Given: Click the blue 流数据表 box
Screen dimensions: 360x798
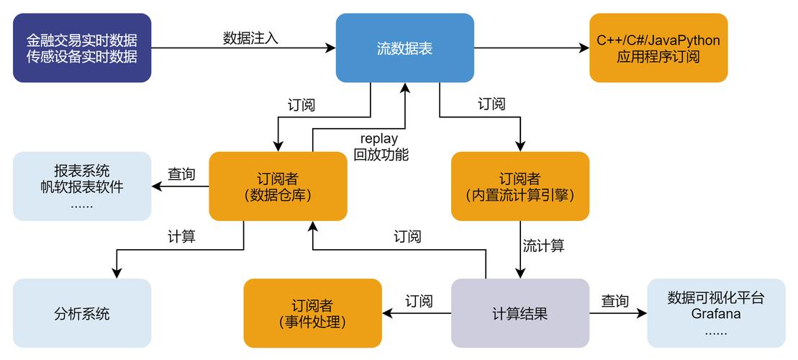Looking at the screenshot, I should pyautogui.click(x=405, y=48).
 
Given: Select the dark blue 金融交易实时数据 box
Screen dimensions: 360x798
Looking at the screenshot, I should pyautogui.click(x=82, y=48).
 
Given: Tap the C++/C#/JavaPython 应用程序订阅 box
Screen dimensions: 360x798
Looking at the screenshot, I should pyautogui.click(x=658, y=48).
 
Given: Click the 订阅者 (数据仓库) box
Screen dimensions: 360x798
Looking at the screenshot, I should pyautogui.click(x=278, y=186).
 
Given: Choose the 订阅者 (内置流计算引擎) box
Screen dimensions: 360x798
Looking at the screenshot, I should pyautogui.click(x=520, y=186).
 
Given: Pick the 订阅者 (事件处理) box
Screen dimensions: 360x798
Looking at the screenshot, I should pyautogui.click(x=312, y=314).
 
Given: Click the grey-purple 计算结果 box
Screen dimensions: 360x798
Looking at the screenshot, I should pyautogui.click(x=520, y=314).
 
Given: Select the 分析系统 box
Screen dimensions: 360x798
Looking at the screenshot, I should pyautogui.click(x=82, y=314).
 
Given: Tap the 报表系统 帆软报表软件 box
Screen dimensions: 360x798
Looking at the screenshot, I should pyautogui.click(x=82, y=186).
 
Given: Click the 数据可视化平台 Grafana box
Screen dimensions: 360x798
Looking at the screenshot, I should pyautogui.click(x=716, y=314).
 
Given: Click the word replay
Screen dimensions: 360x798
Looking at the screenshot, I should pyautogui.click(x=379, y=138).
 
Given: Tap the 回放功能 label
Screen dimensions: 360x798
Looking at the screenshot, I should pyautogui.click(x=381, y=154).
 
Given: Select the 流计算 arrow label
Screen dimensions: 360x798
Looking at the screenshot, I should pyautogui.click(x=543, y=246).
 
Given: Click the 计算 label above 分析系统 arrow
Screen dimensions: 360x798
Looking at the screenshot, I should pyautogui.click(x=181, y=236).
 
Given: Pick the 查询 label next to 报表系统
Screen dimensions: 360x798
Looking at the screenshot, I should pyautogui.click(x=181, y=174).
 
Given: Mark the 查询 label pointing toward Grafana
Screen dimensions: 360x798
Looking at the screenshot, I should pyautogui.click(x=615, y=302).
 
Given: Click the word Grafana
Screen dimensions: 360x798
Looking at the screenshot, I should pyautogui.click(x=716, y=315).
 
